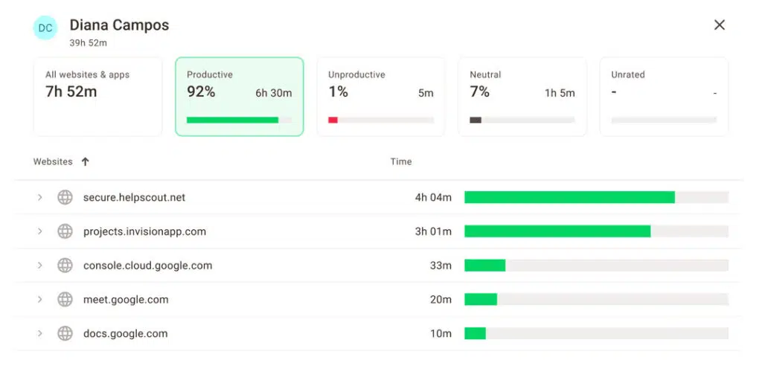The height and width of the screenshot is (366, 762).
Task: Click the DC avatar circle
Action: pyautogui.click(x=45, y=28)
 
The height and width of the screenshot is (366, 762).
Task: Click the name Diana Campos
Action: pyautogui.click(x=119, y=25)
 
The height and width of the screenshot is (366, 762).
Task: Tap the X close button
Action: pyautogui.click(x=719, y=25)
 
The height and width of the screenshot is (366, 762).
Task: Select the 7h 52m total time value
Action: pyautogui.click(x=71, y=92)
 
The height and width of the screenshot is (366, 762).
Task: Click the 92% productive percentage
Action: pyautogui.click(x=201, y=92)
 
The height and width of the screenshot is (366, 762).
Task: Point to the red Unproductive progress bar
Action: pyautogui.click(x=333, y=120)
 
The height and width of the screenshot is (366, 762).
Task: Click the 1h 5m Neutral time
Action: pyautogui.click(x=560, y=93)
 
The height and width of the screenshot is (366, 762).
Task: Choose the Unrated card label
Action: pyautogui.click(x=627, y=74)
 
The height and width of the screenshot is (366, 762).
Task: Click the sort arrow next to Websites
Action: pyautogui.click(x=85, y=161)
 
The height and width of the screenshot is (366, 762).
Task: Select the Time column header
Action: pyautogui.click(x=400, y=161)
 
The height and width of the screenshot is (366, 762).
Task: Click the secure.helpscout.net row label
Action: pyautogui.click(x=134, y=197)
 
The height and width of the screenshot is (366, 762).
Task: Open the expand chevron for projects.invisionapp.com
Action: pyautogui.click(x=39, y=231)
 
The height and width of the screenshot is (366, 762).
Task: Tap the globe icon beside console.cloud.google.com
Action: pyautogui.click(x=65, y=265)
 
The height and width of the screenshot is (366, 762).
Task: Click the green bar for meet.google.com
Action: pyautogui.click(x=481, y=299)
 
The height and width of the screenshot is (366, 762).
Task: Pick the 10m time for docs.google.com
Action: pyautogui.click(x=441, y=333)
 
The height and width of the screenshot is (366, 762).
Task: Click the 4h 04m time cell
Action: pyautogui.click(x=433, y=197)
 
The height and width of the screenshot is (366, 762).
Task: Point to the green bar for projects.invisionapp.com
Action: pyautogui.click(x=557, y=231)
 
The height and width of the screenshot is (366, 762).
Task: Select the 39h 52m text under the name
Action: pyautogui.click(x=89, y=43)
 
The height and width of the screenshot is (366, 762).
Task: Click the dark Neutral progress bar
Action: pyautogui.click(x=476, y=120)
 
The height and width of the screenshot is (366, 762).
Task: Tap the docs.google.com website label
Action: pyautogui.click(x=125, y=333)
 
